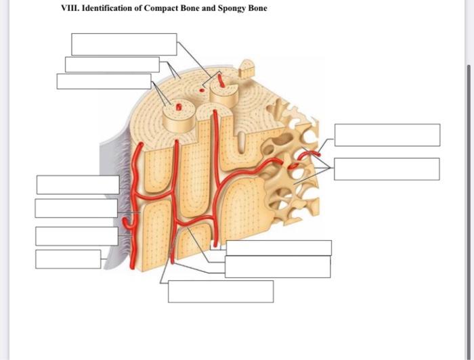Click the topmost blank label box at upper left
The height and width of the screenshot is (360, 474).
coord(124,44)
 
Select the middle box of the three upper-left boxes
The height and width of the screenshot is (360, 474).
coord(112,64)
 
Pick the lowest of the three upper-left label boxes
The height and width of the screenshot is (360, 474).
coord(104,81)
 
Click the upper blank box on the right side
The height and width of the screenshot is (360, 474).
coord(387,135)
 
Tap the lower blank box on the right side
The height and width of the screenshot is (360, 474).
coord(386,169)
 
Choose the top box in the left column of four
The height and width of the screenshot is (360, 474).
coord(78,185)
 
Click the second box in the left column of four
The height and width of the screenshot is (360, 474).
coord(76,208)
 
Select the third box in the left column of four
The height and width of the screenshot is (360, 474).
coord(77,236)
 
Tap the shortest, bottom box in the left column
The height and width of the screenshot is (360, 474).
coord(68,259)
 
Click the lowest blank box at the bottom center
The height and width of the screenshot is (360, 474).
coord(221,292)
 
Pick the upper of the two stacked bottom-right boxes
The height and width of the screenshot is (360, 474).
coord(278,248)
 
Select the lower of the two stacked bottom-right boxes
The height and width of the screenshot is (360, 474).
coord(278,267)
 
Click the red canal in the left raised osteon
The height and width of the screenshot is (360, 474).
coord(179,107)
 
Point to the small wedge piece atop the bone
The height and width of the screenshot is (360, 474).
coord(248,66)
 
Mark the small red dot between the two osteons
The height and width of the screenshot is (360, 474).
coord(201,89)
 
